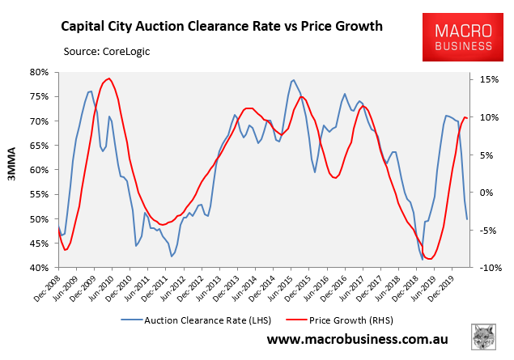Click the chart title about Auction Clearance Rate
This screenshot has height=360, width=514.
[x=222, y=26]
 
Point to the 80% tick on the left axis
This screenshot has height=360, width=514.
[x=40, y=72]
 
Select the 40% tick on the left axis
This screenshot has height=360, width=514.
[x=40, y=268]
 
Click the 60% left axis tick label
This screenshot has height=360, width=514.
[x=40, y=170]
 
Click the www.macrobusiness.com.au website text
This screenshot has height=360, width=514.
[x=359, y=341]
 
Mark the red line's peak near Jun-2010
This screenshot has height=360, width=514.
[x=108, y=78]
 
